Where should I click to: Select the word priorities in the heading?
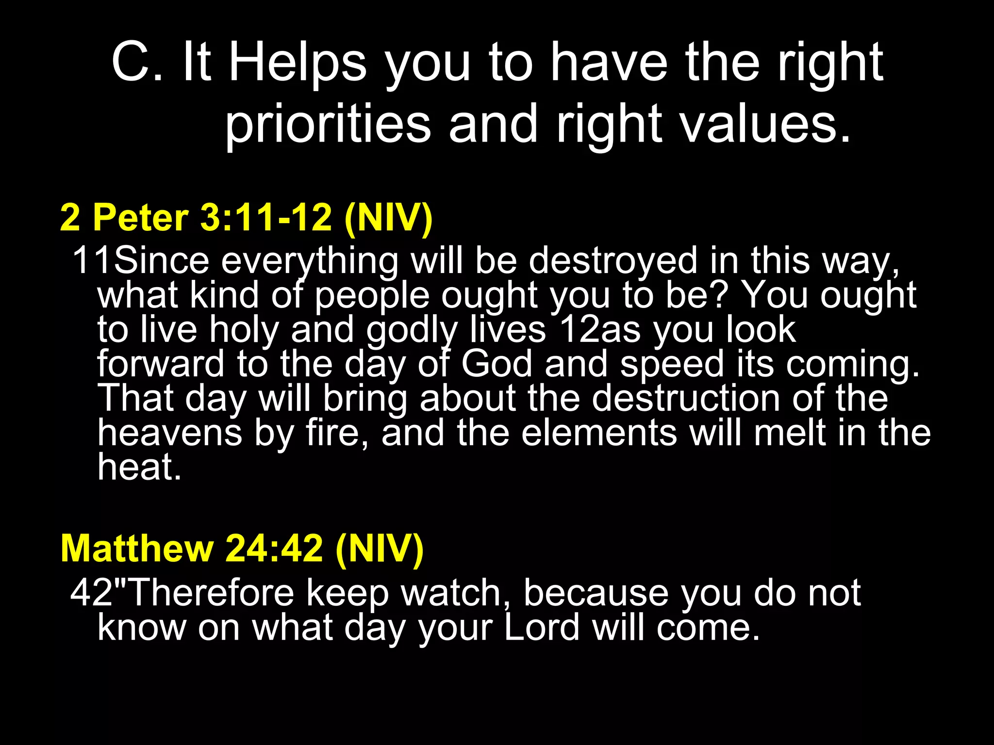click(328, 125)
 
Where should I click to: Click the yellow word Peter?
click(140, 217)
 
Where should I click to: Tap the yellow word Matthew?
click(137, 549)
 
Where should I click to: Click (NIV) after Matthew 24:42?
click(380, 549)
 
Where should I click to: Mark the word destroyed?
click(613, 261)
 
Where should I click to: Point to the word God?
click(497, 364)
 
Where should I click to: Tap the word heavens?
click(170, 433)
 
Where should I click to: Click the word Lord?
click(542, 627)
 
